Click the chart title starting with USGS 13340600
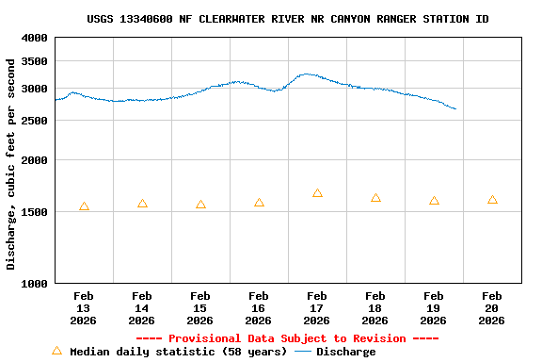point(288,19)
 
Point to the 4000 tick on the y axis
point(35,38)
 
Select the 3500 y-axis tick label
point(35,61)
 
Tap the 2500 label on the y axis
point(35,121)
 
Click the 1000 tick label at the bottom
point(35,283)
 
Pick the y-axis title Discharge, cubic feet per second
point(11,164)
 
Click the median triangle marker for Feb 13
point(84,206)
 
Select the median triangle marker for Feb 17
point(317,193)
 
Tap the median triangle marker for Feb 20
point(492,200)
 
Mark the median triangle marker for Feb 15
point(200,205)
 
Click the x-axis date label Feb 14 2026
point(142,308)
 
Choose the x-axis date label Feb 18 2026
point(375,308)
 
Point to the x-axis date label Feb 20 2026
point(492,308)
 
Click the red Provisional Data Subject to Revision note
point(288,338)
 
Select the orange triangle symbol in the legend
point(56,351)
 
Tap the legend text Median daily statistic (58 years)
point(179,352)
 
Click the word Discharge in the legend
point(345,352)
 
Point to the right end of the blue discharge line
point(456,109)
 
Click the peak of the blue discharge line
point(305,74)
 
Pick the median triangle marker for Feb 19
point(434,201)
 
